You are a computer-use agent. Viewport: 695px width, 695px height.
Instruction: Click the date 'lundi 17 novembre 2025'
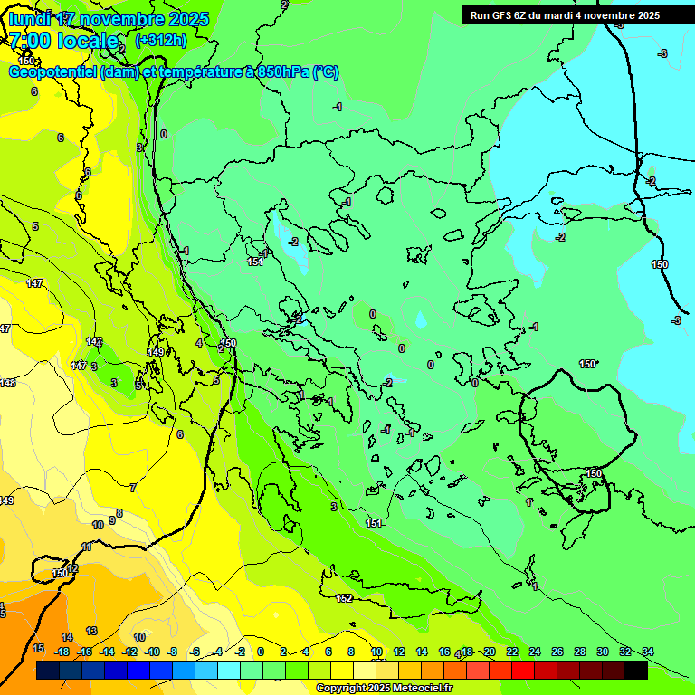pos(109,19)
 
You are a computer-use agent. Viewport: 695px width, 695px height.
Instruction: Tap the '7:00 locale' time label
pos(64,41)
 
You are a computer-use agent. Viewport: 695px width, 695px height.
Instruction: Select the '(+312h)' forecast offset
pos(161,40)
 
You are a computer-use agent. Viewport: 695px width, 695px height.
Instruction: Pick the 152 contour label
pos(344,598)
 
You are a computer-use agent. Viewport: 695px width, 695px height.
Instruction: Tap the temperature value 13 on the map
pos(91,631)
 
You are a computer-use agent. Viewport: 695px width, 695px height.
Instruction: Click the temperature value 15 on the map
pos(38,648)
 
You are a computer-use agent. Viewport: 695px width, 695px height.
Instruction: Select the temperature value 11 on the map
pos(87,547)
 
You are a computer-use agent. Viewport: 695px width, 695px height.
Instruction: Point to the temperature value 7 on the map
pos(133,488)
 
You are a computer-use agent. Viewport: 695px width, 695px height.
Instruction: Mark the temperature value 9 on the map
pos(111,519)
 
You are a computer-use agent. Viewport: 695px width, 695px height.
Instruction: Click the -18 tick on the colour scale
pos(62,652)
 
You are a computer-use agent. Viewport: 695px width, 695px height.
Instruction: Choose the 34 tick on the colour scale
pos(647,652)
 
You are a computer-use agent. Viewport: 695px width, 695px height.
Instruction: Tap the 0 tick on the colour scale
pos(261,652)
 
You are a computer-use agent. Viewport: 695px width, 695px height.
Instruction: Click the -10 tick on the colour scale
pos(152,652)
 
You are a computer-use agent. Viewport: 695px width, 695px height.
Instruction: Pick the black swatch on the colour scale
pos(636,670)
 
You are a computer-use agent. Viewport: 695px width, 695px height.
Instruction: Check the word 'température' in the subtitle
pos(198,72)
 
